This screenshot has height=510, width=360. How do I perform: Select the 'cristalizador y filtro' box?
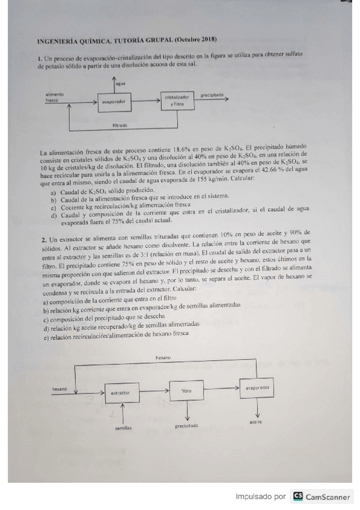[177, 100]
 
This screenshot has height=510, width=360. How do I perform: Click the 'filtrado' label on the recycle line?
[120, 125]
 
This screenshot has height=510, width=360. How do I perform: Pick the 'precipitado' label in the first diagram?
[212, 95]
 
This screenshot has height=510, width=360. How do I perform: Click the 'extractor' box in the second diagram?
[121, 393]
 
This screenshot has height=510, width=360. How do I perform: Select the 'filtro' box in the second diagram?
[188, 390]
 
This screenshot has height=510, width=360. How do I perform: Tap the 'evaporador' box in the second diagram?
[258, 388]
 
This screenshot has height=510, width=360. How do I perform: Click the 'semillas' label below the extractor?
[123, 428]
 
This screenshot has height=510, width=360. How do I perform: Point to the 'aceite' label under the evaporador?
[256, 422]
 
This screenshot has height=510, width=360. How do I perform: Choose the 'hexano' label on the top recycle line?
[163, 358]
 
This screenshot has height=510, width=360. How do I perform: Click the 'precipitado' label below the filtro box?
[187, 426]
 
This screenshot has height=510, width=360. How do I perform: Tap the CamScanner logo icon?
[298, 497]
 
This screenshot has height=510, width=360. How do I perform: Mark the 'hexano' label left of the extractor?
[59, 389]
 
